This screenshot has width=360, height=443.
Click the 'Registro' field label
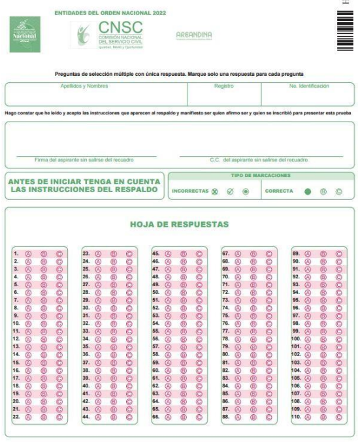pyautogui.click(x=223, y=86)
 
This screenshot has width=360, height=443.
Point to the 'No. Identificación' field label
pyautogui.click(x=309, y=86)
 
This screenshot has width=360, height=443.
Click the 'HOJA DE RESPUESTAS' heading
pyautogui.click(x=180, y=224)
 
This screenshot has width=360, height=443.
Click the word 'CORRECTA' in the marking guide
pyautogui.click(x=281, y=192)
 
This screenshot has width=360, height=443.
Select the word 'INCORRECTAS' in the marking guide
pyautogui.click(x=189, y=192)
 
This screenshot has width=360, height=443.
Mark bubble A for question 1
pyautogui.click(x=29, y=254)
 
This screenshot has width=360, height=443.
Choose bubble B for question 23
pyautogui.click(x=115, y=254)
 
